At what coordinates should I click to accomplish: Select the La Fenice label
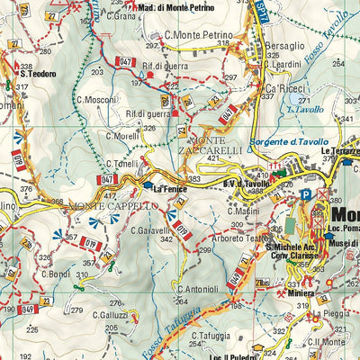167,189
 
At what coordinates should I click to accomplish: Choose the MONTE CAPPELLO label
113,206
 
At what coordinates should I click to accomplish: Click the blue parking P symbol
306,193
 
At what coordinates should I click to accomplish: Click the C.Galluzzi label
96,316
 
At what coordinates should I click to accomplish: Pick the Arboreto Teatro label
242,238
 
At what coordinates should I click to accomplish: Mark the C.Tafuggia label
211,336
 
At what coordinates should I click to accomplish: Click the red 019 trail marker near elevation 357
91,241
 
